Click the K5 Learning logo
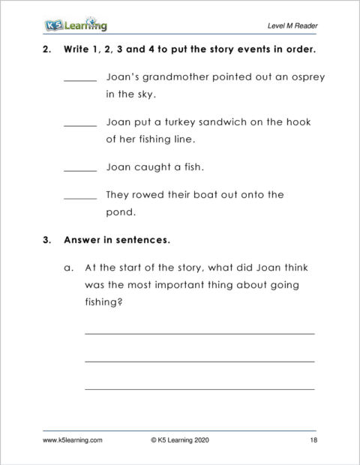75,25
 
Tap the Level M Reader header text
292,26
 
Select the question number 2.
47,51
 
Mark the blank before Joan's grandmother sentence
80,81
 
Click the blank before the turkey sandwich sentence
80,125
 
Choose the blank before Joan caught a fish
80,170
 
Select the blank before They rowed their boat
80,198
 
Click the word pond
120,212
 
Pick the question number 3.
47,241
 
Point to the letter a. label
68,267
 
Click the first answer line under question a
199,333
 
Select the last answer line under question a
199,388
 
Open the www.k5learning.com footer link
72,442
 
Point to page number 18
313,442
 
